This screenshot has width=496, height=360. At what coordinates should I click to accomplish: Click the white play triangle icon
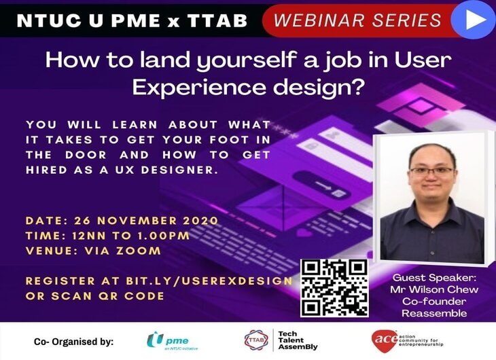click(x=475, y=20)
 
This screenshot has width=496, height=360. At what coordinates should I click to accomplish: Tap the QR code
click(x=334, y=288)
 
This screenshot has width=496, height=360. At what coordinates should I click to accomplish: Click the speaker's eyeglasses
click(x=432, y=172)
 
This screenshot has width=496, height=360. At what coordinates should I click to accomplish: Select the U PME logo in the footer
click(x=172, y=341)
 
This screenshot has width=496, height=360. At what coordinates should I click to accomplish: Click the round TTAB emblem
click(x=256, y=340)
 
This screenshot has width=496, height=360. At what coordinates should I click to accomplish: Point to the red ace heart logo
click(x=385, y=341)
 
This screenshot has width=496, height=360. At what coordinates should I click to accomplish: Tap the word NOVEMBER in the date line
click(x=137, y=221)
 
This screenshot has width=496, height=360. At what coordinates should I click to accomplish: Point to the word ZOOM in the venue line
click(x=139, y=251)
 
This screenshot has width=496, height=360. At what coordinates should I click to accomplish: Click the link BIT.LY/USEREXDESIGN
click(x=209, y=281)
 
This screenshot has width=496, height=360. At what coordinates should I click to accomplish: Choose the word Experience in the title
click(x=199, y=88)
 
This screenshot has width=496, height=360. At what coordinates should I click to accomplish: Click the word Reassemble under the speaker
click(x=434, y=314)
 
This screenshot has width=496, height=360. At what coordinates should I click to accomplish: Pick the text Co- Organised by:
click(x=73, y=342)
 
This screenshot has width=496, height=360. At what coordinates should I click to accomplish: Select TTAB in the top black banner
click(x=217, y=20)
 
